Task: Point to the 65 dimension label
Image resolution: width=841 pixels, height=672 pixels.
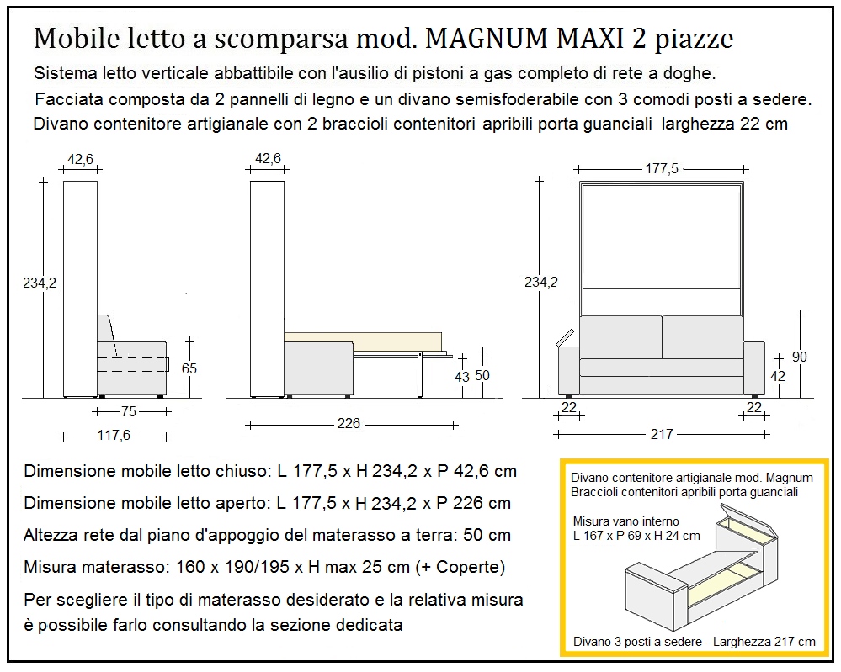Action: click(x=189, y=368)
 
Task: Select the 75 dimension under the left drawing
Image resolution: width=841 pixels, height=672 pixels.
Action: click(x=128, y=412)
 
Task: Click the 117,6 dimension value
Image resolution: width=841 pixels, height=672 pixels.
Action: click(x=116, y=436)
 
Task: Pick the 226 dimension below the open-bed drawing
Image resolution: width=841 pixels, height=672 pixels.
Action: click(x=349, y=423)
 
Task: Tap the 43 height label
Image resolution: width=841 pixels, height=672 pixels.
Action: click(x=461, y=377)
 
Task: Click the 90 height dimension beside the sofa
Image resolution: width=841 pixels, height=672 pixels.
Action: click(x=799, y=357)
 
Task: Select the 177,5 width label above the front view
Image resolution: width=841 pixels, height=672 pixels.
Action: click(x=662, y=168)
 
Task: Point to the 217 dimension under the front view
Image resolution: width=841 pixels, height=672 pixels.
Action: click(x=662, y=434)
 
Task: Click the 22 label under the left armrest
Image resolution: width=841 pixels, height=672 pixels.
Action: click(x=569, y=407)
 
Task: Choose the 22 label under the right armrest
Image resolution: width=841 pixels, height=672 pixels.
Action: click(x=753, y=407)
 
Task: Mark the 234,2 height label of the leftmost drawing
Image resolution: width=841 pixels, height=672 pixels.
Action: click(x=39, y=283)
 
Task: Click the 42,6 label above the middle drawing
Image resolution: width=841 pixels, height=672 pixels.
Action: click(x=267, y=157)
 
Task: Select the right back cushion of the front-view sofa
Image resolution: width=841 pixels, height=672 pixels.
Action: click(x=700, y=336)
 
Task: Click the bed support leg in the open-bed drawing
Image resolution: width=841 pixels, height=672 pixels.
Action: click(x=418, y=374)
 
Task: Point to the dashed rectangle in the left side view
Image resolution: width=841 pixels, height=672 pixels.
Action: click(x=135, y=364)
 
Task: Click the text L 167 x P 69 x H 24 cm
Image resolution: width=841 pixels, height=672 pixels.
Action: click(x=636, y=535)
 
